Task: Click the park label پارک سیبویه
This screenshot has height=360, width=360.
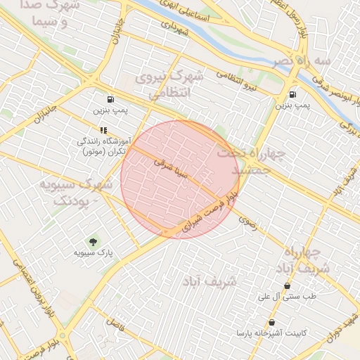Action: click(96, 251)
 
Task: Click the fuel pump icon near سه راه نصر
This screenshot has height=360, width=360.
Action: click(292, 94)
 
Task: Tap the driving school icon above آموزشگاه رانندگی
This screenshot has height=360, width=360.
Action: click(103, 130)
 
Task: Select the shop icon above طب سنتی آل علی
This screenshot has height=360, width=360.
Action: click(287, 286)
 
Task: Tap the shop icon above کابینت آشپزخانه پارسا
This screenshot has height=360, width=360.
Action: click(271, 321)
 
